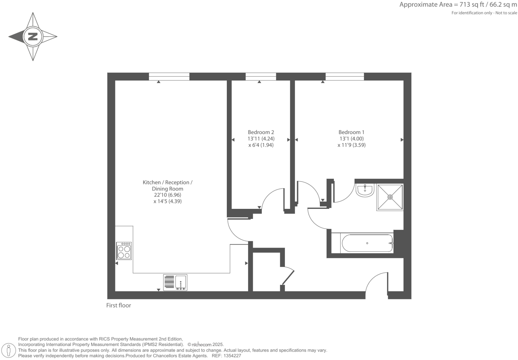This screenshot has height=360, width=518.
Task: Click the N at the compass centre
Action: coord(33,36)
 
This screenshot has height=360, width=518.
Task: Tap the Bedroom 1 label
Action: coord(351,132)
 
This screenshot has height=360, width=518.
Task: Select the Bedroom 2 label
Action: coord(261,132)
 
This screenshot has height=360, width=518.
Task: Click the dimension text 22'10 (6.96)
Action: coord(167,195)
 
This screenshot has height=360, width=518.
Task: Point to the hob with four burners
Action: coord(124,251)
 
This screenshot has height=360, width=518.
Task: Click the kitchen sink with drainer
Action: coord(175,282)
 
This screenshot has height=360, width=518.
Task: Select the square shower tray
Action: coord(390,197)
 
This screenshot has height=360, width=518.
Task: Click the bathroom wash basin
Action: coord(365,190)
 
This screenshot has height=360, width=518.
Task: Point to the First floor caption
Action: coord(118,305)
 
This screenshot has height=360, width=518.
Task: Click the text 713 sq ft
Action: coord(470,5)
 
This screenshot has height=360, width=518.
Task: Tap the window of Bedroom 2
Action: coord(261,76)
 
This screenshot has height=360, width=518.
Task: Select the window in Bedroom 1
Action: coord(345,76)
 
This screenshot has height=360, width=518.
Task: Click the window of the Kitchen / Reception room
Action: coord(169,76)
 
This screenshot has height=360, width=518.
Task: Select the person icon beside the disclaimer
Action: coord(9,350)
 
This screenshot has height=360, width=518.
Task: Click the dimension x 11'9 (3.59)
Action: coord(351,145)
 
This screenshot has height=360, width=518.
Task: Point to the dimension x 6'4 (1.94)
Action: coord(261,145)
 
